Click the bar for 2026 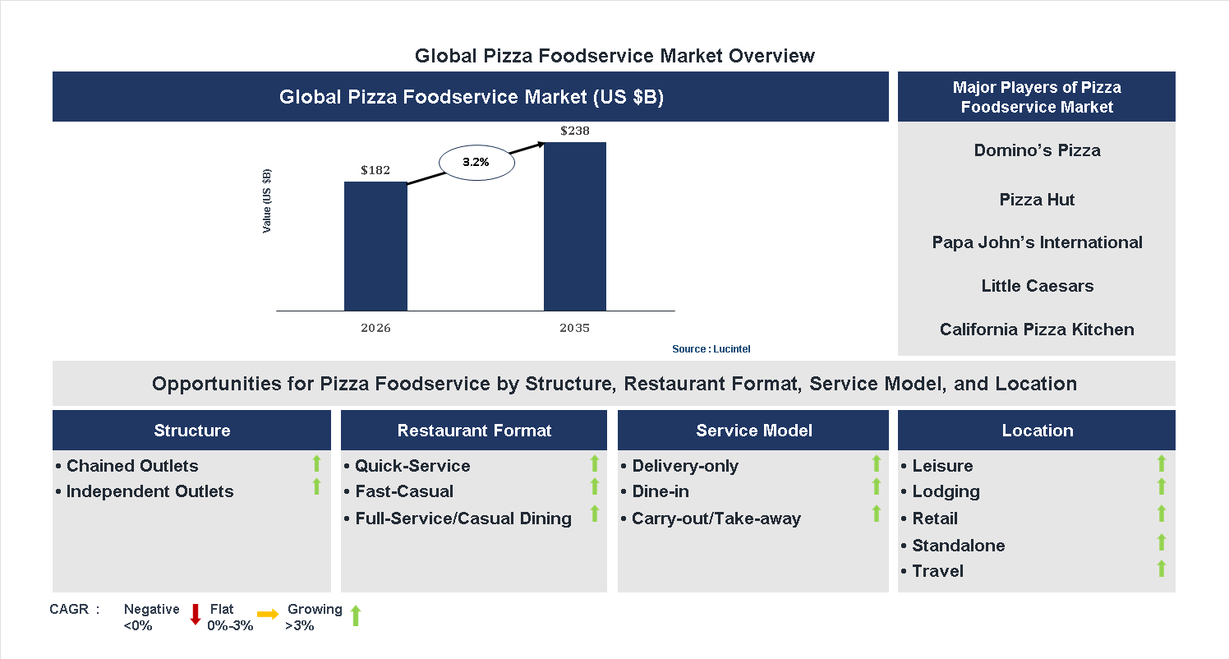[x=375, y=246]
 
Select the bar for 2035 [x=575, y=226]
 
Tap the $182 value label [x=375, y=170]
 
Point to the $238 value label [x=575, y=131]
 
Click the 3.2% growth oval [x=476, y=163]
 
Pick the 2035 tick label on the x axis [x=575, y=328]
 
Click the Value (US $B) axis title [x=267, y=201]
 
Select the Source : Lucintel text [x=711, y=349]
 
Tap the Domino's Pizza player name [x=1037, y=150]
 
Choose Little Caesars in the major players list [x=1037, y=286]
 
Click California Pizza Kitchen [x=1037, y=329]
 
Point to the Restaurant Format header [x=474, y=431]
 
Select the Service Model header [x=753, y=431]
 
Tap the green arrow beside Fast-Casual [x=595, y=487]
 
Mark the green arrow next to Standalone [x=1162, y=541]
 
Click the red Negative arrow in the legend [x=196, y=614]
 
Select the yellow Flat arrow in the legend [x=268, y=614]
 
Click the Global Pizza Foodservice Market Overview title [x=614, y=56]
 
